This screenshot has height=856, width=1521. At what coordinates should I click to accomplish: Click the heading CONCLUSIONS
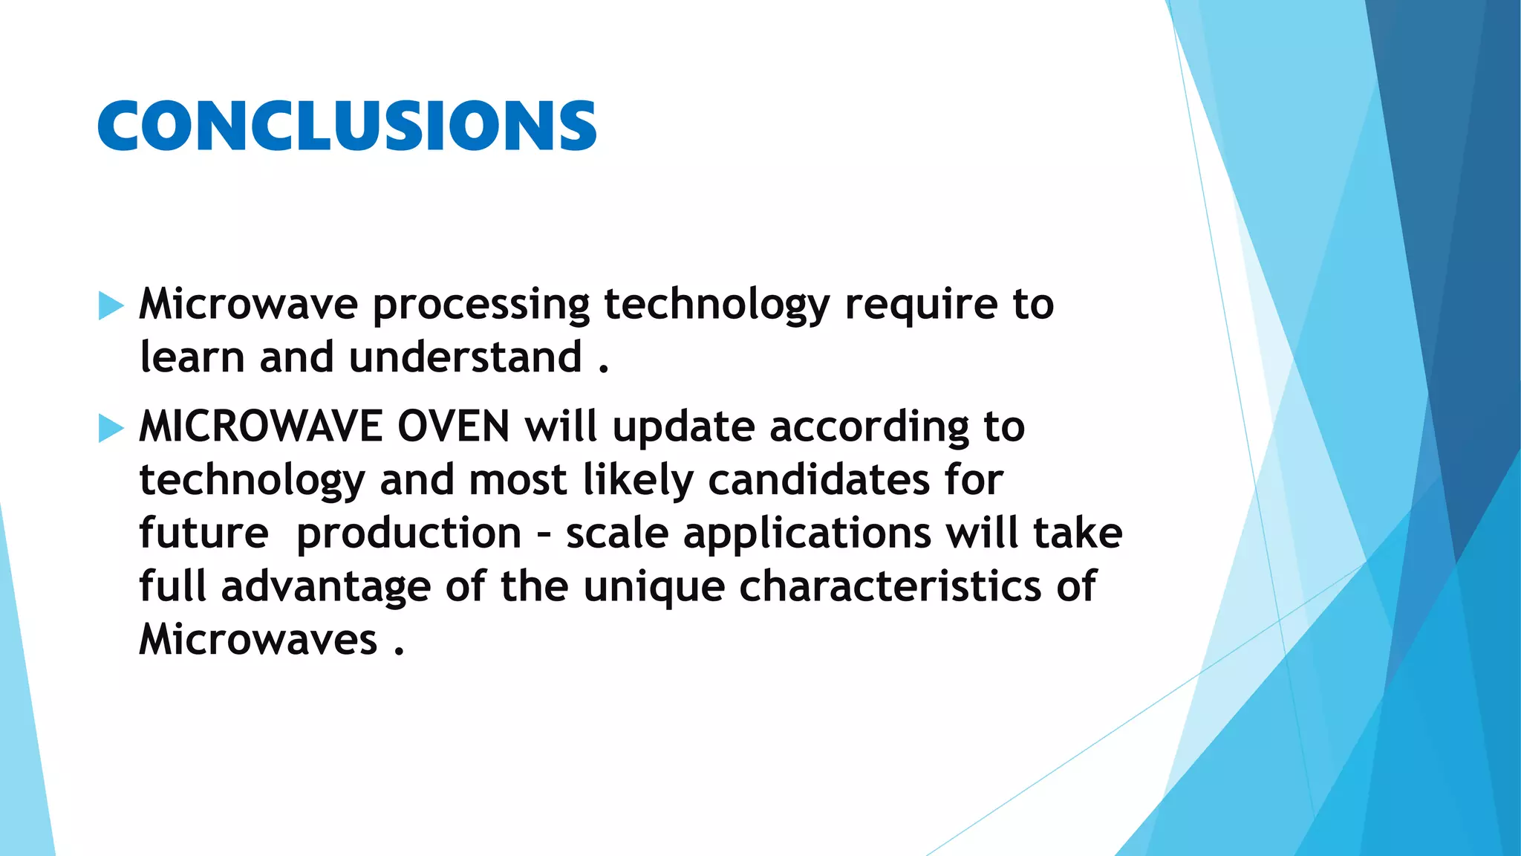[347, 126]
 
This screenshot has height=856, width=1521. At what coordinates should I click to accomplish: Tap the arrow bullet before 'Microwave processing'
[111, 305]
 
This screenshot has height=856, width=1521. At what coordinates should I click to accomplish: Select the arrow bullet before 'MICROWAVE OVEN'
[111, 428]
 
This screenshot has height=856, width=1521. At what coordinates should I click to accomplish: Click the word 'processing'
[481, 305]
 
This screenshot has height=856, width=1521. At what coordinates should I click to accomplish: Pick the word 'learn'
[192, 357]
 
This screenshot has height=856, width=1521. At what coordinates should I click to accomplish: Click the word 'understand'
[465, 357]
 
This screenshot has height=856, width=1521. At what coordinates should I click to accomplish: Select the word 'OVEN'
[454, 427]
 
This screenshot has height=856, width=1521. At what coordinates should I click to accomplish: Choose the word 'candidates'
[818, 480]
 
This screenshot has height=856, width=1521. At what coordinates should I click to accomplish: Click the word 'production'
[408, 534]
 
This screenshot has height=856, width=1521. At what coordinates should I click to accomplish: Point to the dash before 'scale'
[544, 534]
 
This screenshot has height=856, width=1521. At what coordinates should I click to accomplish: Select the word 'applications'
[807, 534]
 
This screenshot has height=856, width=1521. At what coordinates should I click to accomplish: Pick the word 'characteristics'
[890, 586]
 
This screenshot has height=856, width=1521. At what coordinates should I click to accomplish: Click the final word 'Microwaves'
[258, 640]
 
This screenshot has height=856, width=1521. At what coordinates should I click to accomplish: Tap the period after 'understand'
[603, 369]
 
